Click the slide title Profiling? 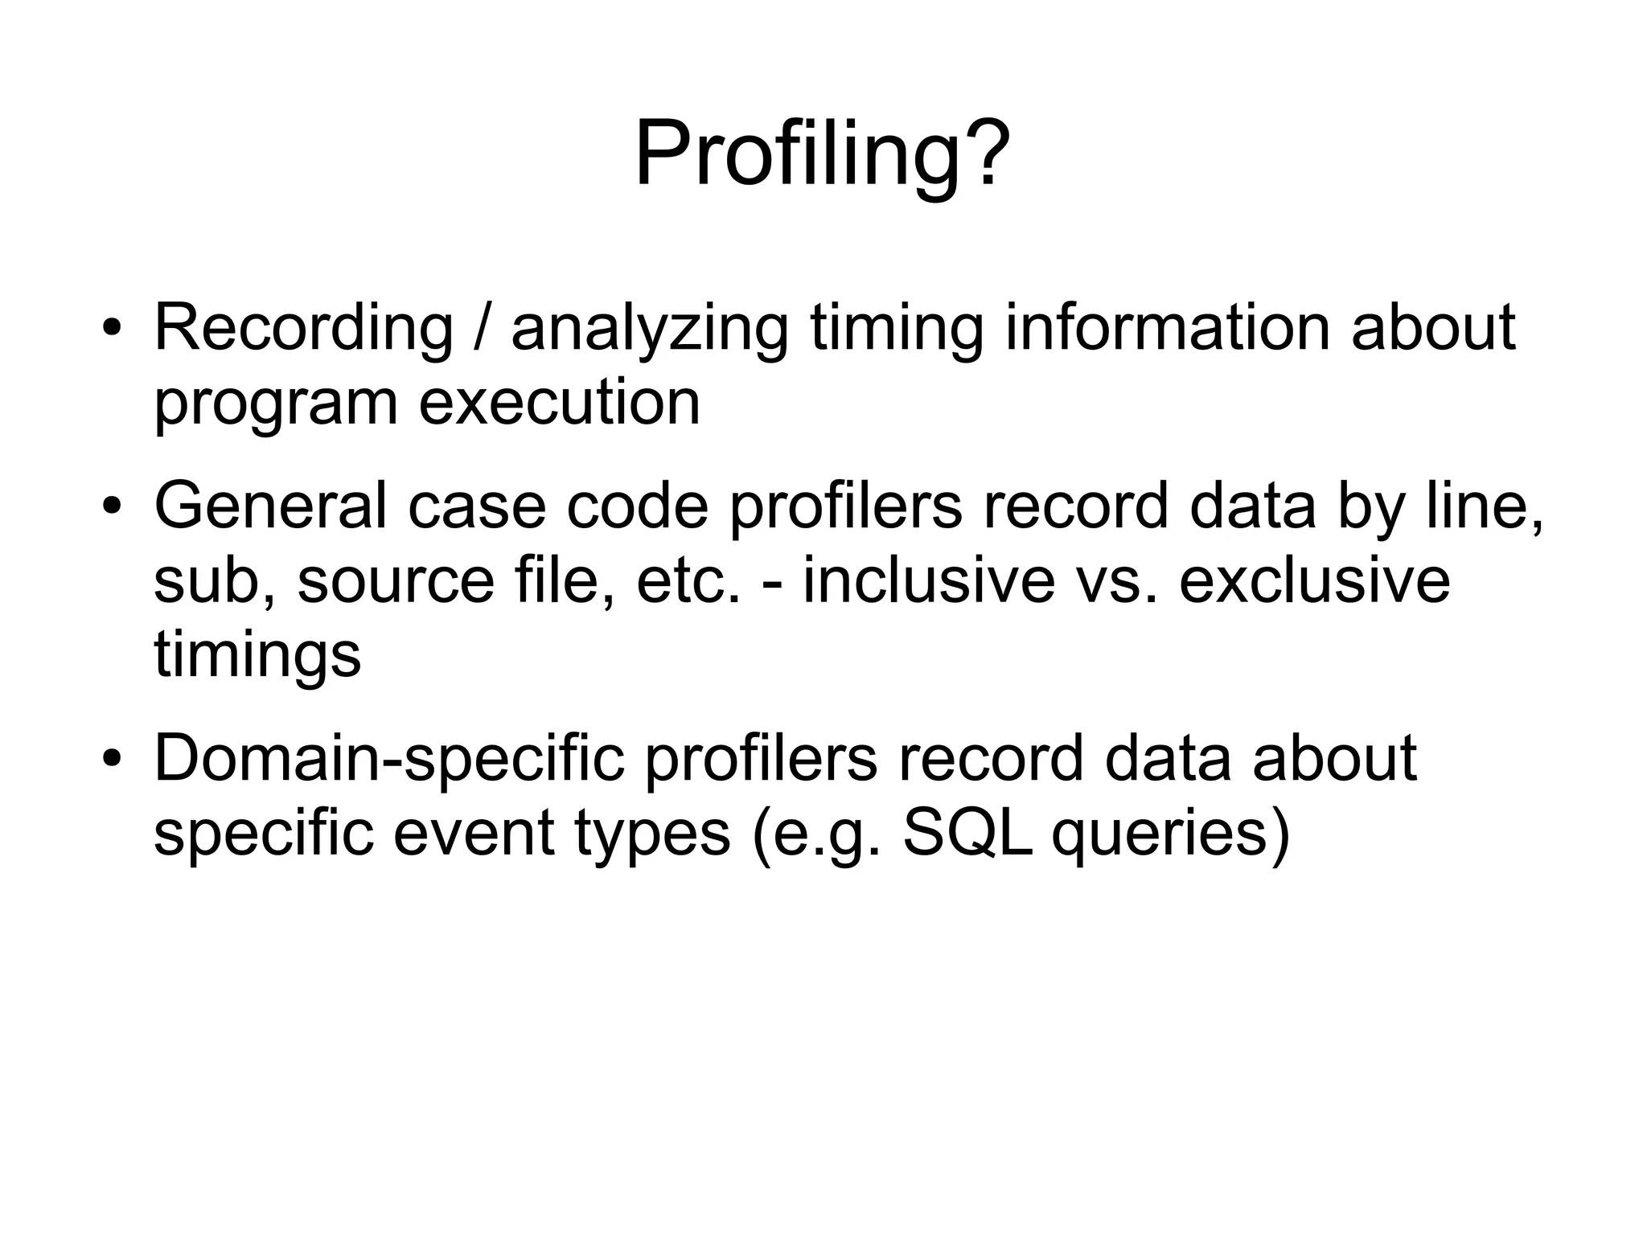[x=822, y=153]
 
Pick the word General [x=270, y=506]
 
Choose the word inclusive [x=928, y=580]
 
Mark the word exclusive [x=1314, y=580]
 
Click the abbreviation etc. [x=688, y=580]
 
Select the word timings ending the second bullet [x=257, y=655]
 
